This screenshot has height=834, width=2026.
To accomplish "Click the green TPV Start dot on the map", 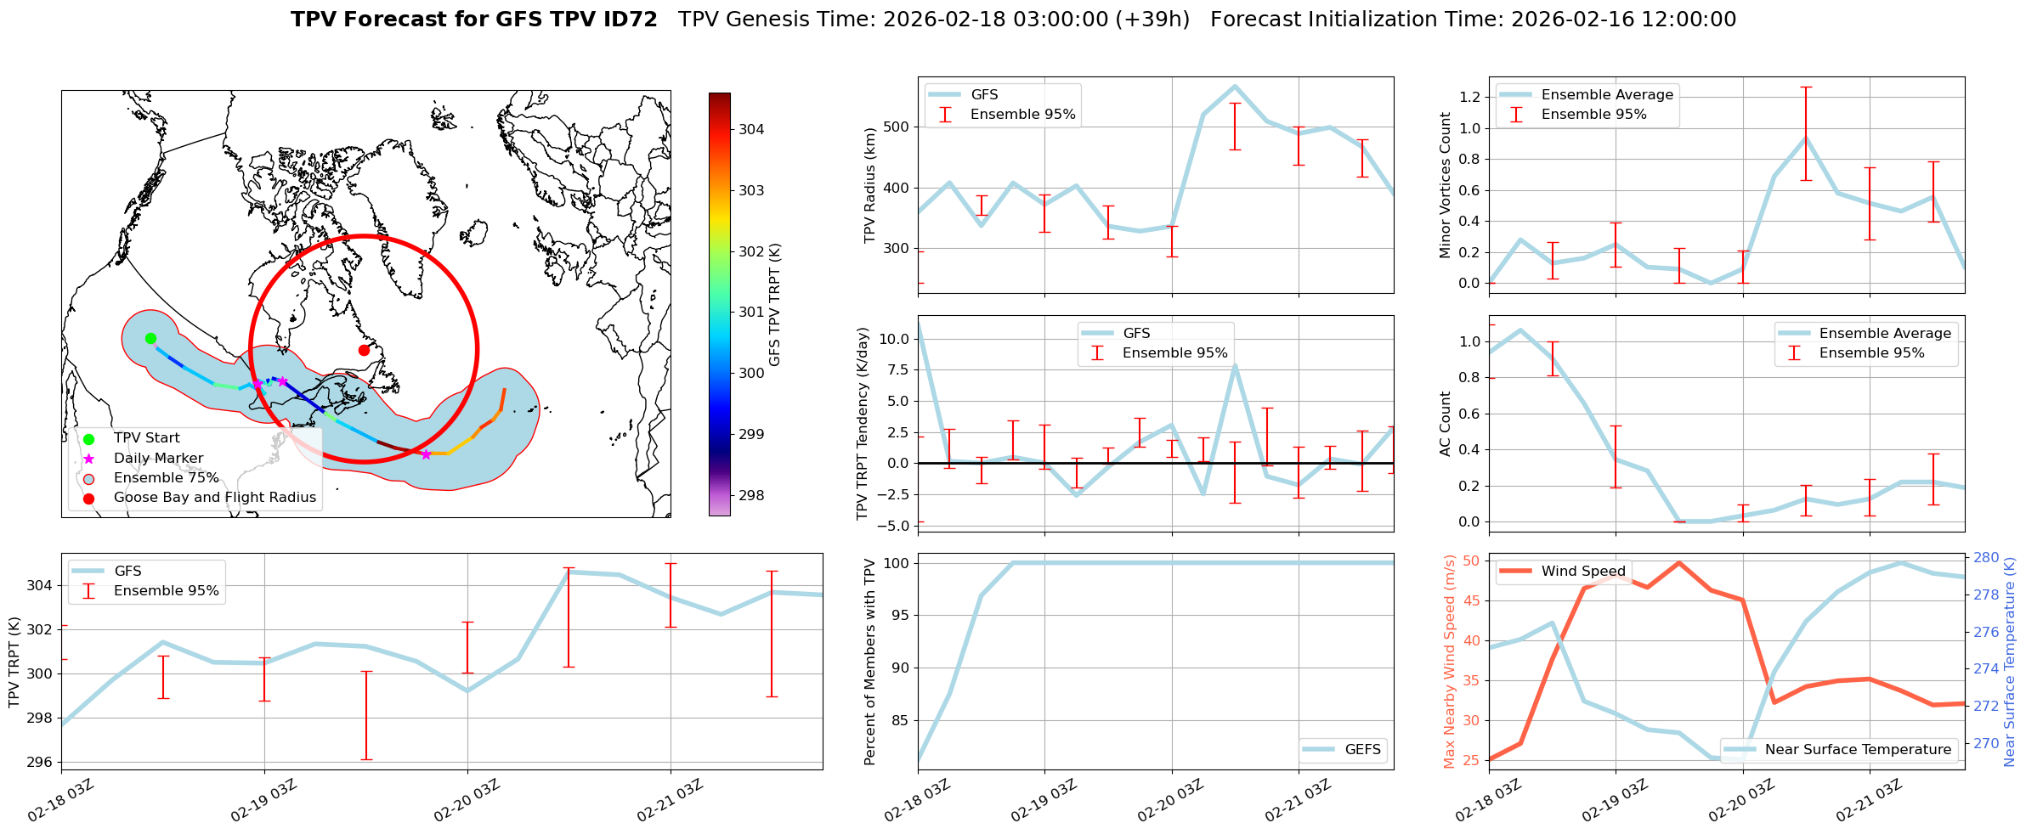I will coord(150,338).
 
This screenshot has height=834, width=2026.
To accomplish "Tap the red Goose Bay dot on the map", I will coord(364,350).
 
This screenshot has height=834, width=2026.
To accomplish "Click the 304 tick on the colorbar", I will coord(751,129).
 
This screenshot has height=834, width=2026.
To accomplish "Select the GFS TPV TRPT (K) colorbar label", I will coord(775,305).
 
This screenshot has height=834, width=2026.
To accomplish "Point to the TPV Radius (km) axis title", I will coord(869,185).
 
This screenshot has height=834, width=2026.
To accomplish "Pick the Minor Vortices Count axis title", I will coord(1446,185).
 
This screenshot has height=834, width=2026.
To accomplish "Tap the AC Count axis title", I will coord(1446,424).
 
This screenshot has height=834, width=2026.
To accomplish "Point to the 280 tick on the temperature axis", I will coord(1986,558).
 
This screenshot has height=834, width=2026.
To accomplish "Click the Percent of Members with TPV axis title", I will coord(869,662).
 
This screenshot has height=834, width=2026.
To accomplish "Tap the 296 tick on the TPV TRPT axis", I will coord(41,762).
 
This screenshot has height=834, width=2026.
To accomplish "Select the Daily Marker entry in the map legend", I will coord(158,458).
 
